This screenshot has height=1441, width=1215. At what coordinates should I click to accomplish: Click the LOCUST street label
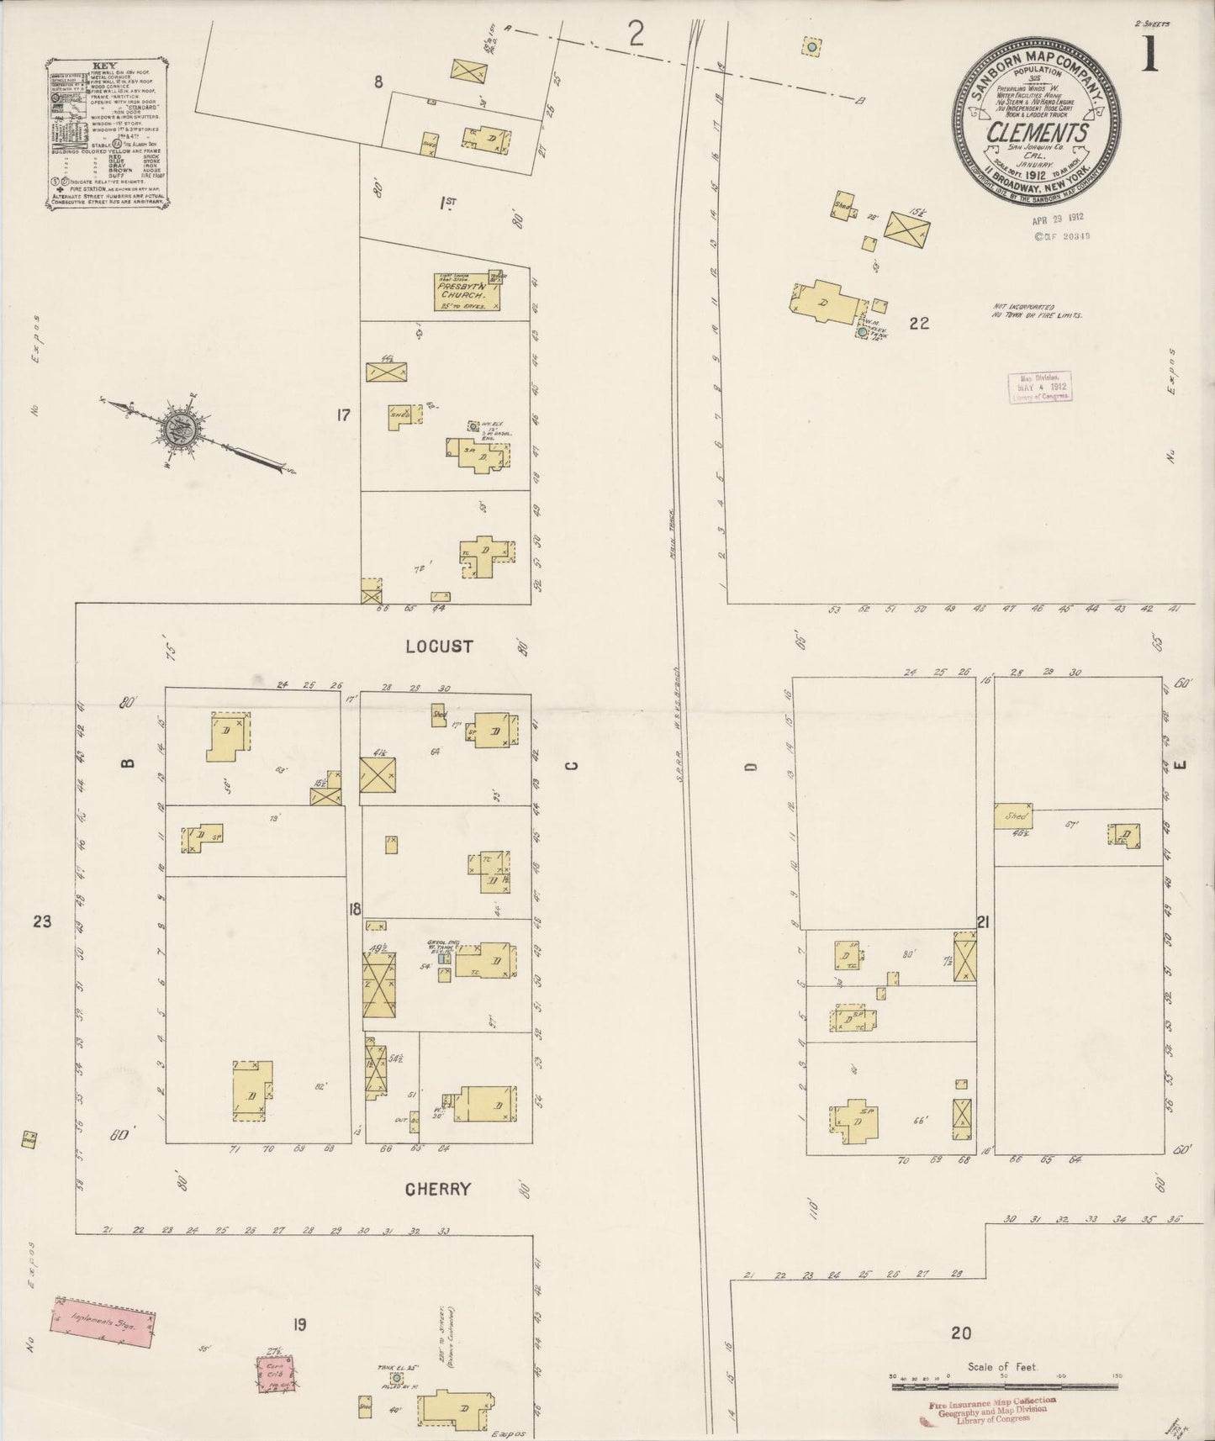(438, 647)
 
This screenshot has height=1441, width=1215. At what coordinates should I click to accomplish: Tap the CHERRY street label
(437, 1189)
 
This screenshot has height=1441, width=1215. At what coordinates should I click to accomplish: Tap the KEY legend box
(106, 133)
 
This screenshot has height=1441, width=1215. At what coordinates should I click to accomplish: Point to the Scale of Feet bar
(1000, 1377)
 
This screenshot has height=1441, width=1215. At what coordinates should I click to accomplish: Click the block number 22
(919, 322)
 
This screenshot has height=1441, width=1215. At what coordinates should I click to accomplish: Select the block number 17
(342, 414)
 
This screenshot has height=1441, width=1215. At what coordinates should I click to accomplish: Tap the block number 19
(298, 1325)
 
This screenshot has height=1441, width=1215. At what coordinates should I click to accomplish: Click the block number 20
(961, 1332)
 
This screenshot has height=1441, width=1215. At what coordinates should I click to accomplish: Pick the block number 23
(41, 921)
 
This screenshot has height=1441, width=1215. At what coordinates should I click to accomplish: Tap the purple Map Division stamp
(1039, 387)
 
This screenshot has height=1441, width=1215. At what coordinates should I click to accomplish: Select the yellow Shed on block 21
(1013, 816)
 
